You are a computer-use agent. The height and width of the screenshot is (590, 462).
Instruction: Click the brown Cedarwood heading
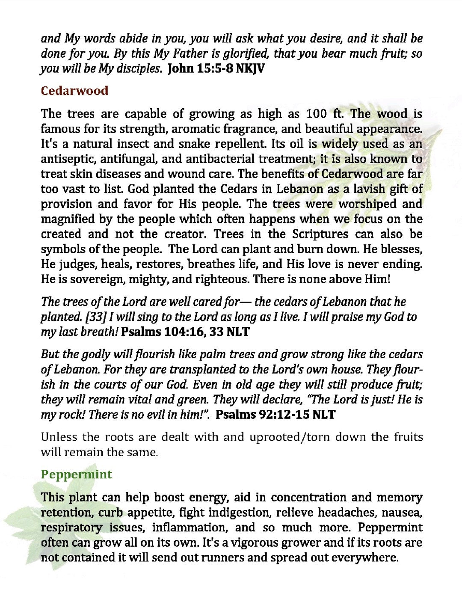pos(74,91)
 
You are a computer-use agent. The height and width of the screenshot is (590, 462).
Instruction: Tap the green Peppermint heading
pos(77,474)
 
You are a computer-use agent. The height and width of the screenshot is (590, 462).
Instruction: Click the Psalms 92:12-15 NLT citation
pos(275,414)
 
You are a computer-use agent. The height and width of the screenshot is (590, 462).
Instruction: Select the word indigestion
pos(236,513)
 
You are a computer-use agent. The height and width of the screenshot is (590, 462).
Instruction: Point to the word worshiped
pos(363,204)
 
